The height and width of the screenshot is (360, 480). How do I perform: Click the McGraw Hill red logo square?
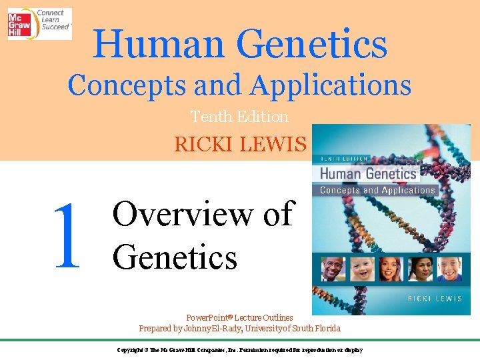(x=20, y=23)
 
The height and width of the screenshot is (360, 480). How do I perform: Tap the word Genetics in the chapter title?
(x=175, y=256)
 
